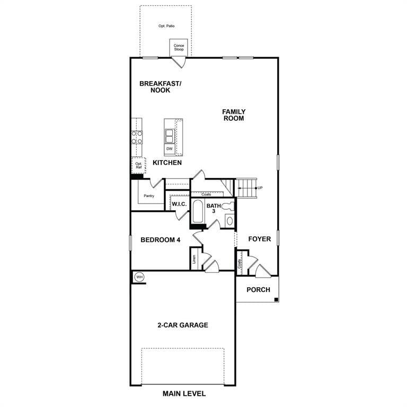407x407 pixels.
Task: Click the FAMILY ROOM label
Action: pos(234,115)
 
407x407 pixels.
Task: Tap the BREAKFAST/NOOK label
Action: pos(160,87)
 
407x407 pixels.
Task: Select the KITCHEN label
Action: pos(167,163)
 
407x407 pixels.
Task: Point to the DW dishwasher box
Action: pos(170,149)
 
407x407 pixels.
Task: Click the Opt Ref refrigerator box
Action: pos(138,165)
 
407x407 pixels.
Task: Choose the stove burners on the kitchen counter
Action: pos(137,138)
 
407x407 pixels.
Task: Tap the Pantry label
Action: pos(149,196)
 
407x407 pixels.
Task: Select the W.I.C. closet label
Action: pos(178,203)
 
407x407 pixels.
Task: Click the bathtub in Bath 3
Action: pos(198,211)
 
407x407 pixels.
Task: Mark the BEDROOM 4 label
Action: pos(161,240)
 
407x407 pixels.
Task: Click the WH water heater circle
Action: pos(139,277)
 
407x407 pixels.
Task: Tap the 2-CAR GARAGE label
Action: pos(182,325)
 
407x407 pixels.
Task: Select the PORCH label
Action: pos(258,289)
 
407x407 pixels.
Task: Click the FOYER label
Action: pos(260,239)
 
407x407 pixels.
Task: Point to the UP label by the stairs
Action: pos(260,188)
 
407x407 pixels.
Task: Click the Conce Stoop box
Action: pos(179,48)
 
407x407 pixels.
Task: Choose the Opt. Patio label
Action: pos(166,25)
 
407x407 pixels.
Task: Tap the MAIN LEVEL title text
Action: pos(184,394)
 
